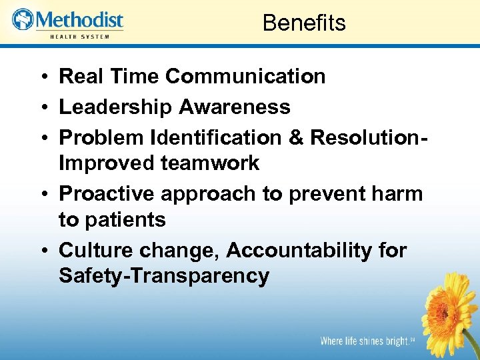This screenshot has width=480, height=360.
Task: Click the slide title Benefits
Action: coord(304,23)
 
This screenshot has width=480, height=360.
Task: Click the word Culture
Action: coord(95,250)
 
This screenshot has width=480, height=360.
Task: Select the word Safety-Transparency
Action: coord(164,275)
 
